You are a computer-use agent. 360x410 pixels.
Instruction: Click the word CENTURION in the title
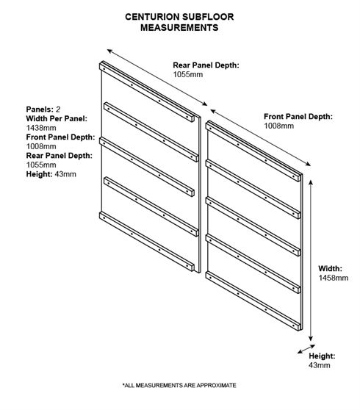pyautogui.click(x=152, y=17)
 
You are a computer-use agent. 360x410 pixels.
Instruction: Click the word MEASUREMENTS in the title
pyautogui.click(x=179, y=27)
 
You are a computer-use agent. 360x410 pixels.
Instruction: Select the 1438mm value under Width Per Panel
pyautogui.click(x=41, y=128)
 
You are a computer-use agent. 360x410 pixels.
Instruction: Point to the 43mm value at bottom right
pyautogui.click(x=319, y=365)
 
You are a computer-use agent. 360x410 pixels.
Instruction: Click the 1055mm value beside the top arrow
pyautogui.click(x=187, y=74)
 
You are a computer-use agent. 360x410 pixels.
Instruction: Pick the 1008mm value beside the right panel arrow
pyautogui.click(x=278, y=126)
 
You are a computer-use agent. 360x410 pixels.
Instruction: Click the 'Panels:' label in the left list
pyautogui.click(x=40, y=109)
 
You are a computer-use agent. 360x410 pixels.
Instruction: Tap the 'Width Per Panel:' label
pyautogui.click(x=57, y=118)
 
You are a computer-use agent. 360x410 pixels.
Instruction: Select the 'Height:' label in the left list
pyautogui.click(x=39, y=174)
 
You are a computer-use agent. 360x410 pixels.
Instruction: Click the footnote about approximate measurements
pyautogui.click(x=179, y=386)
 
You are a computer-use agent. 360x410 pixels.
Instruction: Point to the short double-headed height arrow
pyautogui.click(x=306, y=349)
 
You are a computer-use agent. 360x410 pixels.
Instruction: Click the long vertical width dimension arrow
pyautogui.click(x=311, y=260)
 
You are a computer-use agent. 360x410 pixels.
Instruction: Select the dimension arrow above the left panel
pyautogui.click(x=157, y=77)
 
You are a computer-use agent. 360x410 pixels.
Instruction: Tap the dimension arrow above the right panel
pyautogui.click(x=261, y=138)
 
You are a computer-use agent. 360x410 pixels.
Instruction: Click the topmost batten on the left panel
pyautogui.click(x=147, y=92)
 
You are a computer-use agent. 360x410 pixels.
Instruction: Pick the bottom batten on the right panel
pyautogui.click(x=253, y=301)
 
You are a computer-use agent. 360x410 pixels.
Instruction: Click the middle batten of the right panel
pyautogui.click(x=253, y=226)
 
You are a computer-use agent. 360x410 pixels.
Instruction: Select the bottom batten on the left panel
pyautogui.click(x=147, y=241)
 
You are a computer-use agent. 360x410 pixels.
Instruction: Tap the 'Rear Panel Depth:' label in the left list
pyautogui.click(x=60, y=156)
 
